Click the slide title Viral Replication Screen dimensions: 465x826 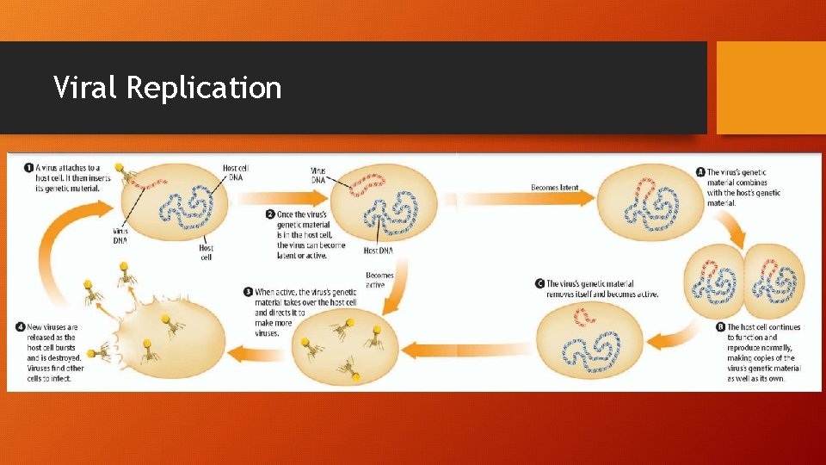point(167,88)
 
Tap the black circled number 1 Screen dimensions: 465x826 point(28,168)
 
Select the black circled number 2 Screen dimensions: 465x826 point(269,214)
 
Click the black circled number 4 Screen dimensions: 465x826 point(20,326)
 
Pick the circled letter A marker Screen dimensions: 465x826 point(700,173)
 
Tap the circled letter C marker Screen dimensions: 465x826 point(539,283)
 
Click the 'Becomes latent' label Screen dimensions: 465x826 point(554,188)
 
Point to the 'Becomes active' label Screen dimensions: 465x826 point(379,280)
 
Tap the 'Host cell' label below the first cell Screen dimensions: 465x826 point(206,252)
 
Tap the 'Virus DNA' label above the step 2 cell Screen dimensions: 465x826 point(318,176)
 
